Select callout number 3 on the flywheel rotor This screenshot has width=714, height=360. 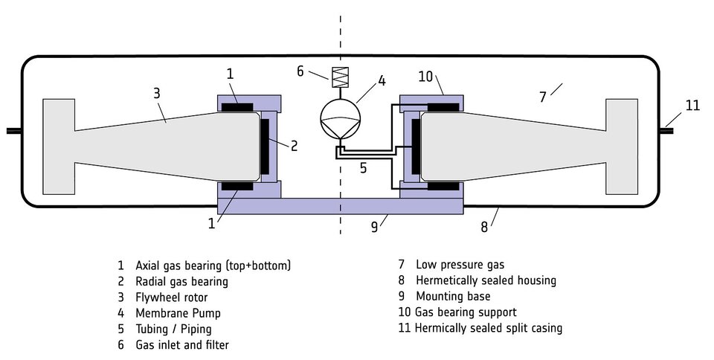157,94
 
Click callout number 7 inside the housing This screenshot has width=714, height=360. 543,97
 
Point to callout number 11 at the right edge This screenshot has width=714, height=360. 692,105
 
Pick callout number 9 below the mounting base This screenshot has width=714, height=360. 375,226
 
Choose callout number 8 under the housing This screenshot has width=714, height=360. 484,226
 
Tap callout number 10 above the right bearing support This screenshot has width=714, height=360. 426,77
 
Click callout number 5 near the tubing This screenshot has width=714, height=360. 363,168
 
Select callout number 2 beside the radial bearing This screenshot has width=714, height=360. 294,146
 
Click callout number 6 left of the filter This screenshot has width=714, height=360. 300,71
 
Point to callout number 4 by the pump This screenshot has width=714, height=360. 381,80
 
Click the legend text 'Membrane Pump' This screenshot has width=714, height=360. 178,313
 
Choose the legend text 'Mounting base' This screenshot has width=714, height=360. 453,296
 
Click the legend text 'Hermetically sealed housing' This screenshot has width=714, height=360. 486,280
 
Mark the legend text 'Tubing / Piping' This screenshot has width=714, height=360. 173,329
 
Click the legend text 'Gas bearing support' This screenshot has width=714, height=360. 466,312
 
